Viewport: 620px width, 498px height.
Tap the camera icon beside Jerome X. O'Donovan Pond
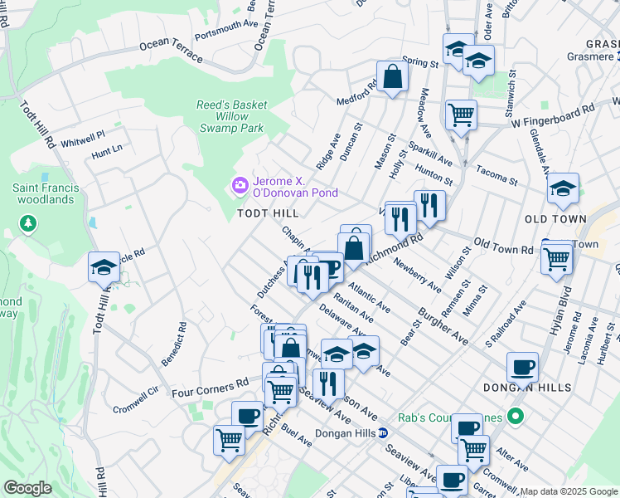(241, 185)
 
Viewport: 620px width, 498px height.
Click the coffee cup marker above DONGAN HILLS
(522, 366)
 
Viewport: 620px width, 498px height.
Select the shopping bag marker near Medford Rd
(393, 77)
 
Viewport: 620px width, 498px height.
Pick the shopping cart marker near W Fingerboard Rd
(461, 115)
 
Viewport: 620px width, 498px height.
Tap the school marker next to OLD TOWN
(563, 189)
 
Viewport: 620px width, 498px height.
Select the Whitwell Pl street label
(84, 134)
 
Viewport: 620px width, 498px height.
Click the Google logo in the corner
(28, 488)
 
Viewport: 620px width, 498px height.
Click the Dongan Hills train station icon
(383, 432)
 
